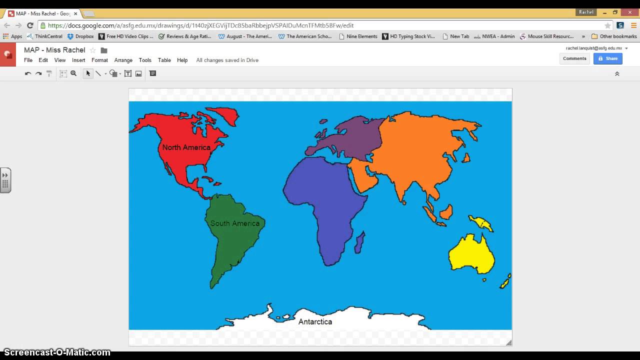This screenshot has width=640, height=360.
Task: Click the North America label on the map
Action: point(186,147)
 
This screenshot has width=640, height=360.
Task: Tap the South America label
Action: point(234,223)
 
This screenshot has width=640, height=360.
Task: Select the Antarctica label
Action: point(315,322)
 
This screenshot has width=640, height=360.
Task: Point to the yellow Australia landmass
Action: point(471,254)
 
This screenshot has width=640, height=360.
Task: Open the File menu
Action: point(28,60)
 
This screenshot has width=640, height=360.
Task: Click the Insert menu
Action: point(78,60)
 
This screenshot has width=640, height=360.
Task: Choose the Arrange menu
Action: point(123,60)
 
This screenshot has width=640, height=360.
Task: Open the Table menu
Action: point(164,60)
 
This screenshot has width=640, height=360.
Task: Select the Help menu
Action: point(182,60)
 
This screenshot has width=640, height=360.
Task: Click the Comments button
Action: point(574,58)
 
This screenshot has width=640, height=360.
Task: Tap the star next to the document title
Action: point(92,50)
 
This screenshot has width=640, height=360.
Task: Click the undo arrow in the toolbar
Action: point(28,73)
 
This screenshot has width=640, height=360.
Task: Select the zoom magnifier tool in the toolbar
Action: point(73,73)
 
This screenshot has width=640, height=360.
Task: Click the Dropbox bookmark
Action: point(80,36)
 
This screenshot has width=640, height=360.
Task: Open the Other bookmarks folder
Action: point(614,36)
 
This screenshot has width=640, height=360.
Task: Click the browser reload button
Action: point(30,25)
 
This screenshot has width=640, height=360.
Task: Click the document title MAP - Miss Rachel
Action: point(54,50)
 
